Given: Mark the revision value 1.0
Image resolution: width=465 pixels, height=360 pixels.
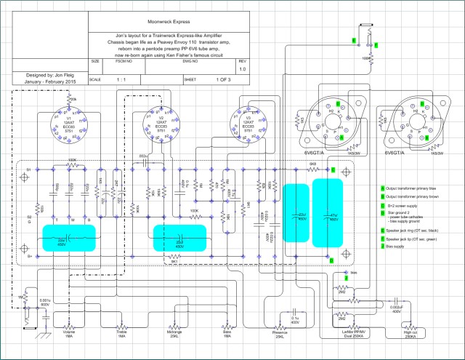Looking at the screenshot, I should [x=243, y=70].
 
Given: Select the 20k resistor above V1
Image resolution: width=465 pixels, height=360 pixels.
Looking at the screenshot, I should [x=73, y=98].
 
